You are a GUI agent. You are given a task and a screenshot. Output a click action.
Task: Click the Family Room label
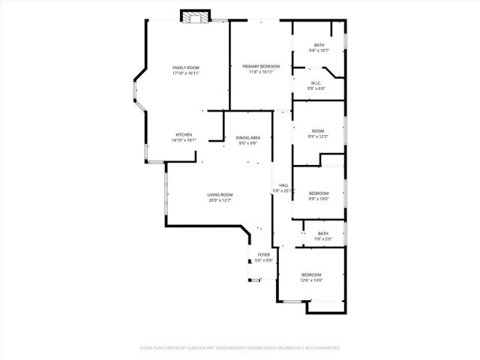pos(185,68)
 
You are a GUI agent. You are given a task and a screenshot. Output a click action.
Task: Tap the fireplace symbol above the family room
pos(196,16)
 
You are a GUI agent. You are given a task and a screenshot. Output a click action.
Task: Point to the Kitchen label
pos(184,135)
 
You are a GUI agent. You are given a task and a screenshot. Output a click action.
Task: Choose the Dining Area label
pos(248,138)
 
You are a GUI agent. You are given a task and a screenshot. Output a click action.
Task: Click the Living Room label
pos(220,195)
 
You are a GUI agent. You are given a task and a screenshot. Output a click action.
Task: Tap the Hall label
pos(283,185)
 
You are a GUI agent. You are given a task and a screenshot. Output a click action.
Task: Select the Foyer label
pos(264,255)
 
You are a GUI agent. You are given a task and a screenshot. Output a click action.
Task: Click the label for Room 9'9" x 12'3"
pos(319,131)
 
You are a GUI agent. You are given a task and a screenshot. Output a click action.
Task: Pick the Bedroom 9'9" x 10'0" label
pos(319,193)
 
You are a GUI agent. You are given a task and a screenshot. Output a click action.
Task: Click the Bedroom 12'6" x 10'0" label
pos(311,274)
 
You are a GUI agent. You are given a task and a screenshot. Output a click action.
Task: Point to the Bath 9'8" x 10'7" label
pos(319,46)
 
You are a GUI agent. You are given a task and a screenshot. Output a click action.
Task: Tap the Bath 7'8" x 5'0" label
pos(323,233)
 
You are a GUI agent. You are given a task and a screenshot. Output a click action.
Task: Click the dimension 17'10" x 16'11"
pos(185,73)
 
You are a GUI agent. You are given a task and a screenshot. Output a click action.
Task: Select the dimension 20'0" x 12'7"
pos(220,200)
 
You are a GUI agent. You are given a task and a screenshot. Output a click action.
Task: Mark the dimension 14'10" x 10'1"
pos(184,140)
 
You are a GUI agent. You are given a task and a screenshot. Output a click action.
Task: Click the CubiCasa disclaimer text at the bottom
pos(240,348)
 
